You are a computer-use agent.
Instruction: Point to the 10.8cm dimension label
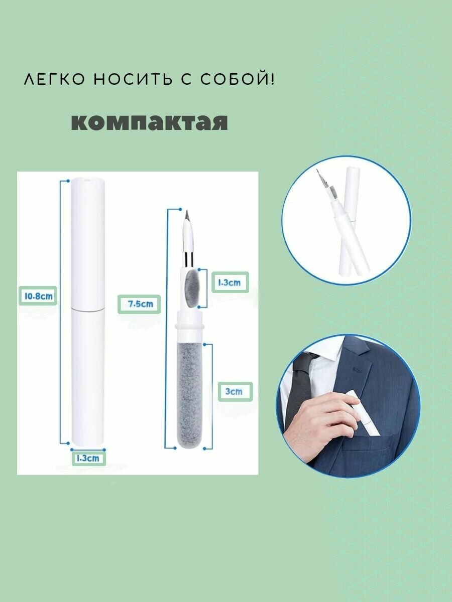[38, 296]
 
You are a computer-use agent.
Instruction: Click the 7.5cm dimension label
[139, 304]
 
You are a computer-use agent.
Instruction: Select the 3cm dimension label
[235, 391]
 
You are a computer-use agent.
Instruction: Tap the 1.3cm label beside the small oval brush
[230, 282]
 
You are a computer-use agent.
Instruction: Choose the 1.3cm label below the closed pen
[89, 459]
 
